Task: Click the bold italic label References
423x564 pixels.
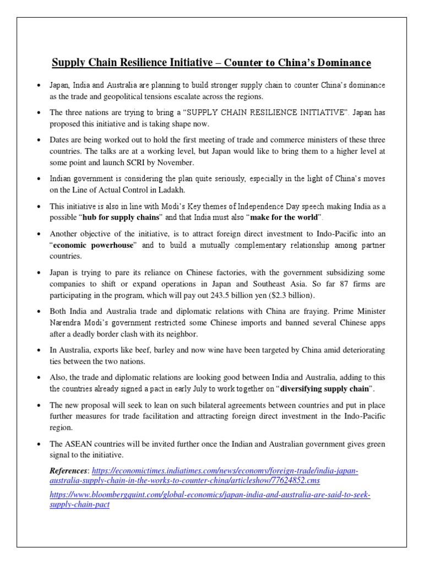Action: [69, 471]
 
